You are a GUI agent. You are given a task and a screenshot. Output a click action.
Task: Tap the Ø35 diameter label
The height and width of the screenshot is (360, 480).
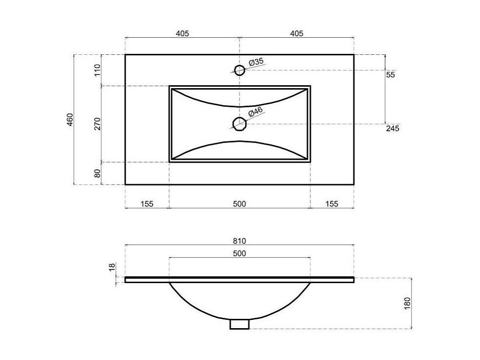tap(256, 62)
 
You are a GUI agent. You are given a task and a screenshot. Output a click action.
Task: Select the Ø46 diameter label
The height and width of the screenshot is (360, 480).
tap(256, 112)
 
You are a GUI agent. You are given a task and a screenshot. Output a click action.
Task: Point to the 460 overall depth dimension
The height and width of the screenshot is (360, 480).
tap(70, 120)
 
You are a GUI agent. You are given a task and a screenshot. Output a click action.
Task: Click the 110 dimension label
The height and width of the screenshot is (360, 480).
tap(97, 70)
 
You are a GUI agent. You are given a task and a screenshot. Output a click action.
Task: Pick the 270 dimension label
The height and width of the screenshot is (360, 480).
tap(97, 124)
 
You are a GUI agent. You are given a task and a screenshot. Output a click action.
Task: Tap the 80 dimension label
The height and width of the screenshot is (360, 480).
tap(97, 173)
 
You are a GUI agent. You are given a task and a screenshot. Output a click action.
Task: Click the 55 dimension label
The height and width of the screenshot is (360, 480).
tap(390, 75)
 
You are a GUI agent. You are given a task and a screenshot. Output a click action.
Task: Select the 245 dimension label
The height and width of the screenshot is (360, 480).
tap(392, 128)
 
